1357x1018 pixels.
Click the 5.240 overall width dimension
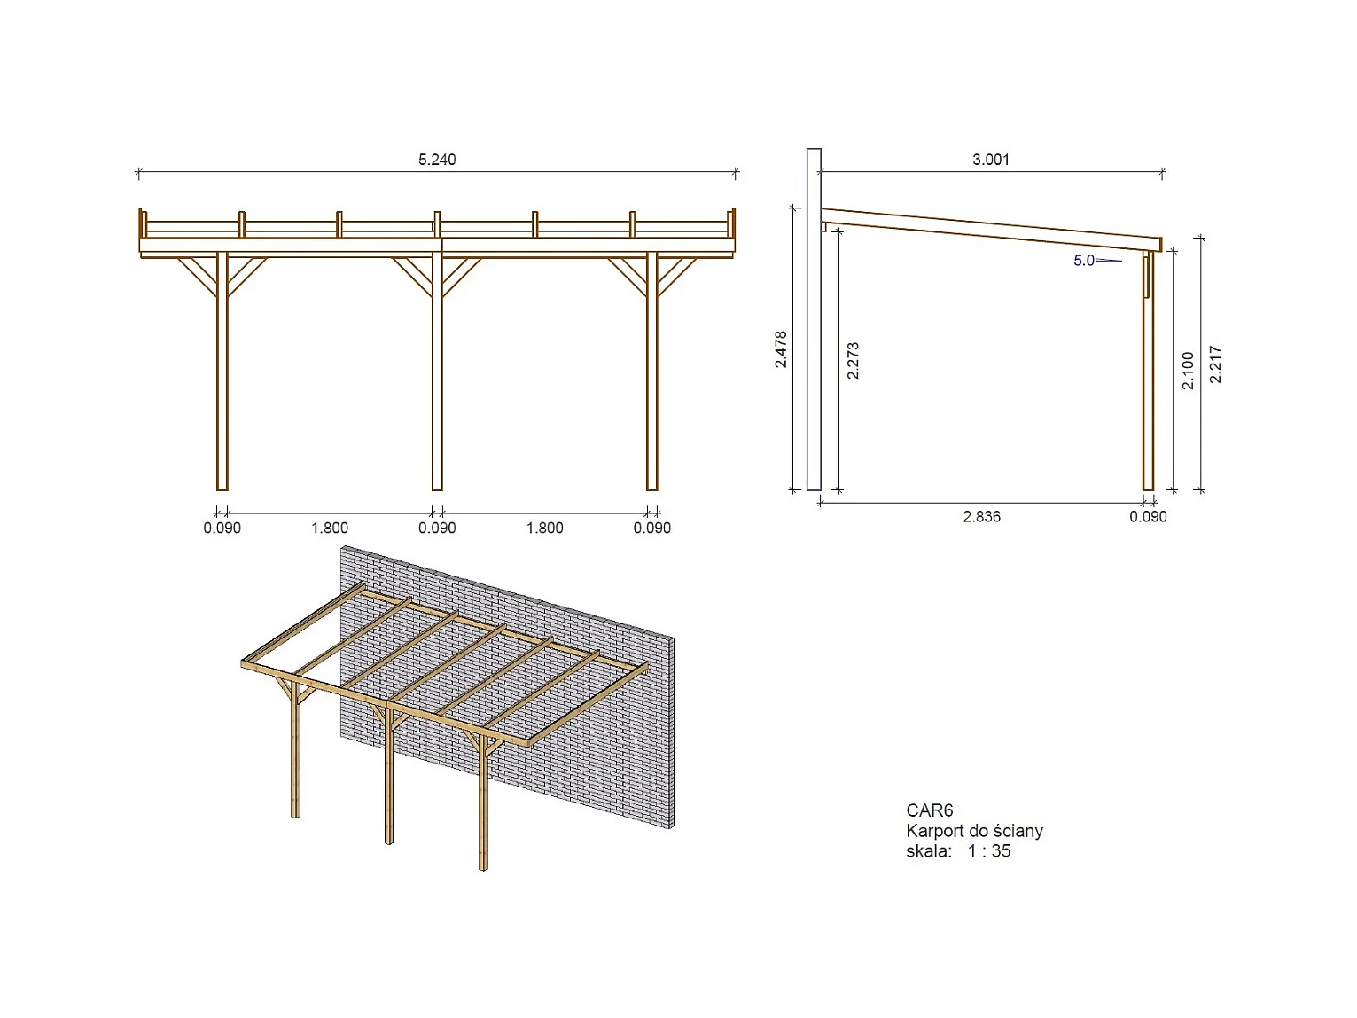[x=437, y=160]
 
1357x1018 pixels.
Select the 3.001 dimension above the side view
[x=990, y=160]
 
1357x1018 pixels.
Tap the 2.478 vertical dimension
[x=781, y=349]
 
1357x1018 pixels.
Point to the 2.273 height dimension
[x=854, y=361]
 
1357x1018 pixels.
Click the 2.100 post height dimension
[x=1189, y=371]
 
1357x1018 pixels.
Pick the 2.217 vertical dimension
[x=1216, y=364]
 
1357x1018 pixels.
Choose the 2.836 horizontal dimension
[x=981, y=517]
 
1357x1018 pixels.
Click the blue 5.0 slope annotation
[x=1084, y=261]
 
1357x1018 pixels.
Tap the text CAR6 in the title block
[x=929, y=810]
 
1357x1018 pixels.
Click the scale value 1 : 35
[x=989, y=851]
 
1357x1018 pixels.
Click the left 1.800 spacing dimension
[x=330, y=529]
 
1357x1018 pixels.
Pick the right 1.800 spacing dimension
[x=544, y=529]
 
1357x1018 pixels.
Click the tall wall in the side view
[x=814, y=319]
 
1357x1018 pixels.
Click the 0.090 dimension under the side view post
[x=1148, y=517]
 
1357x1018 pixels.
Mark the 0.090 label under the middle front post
[x=437, y=529]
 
